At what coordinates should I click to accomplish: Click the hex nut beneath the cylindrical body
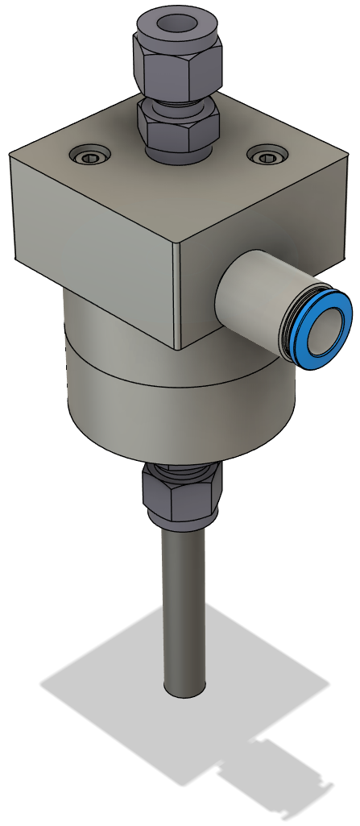[180, 494]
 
